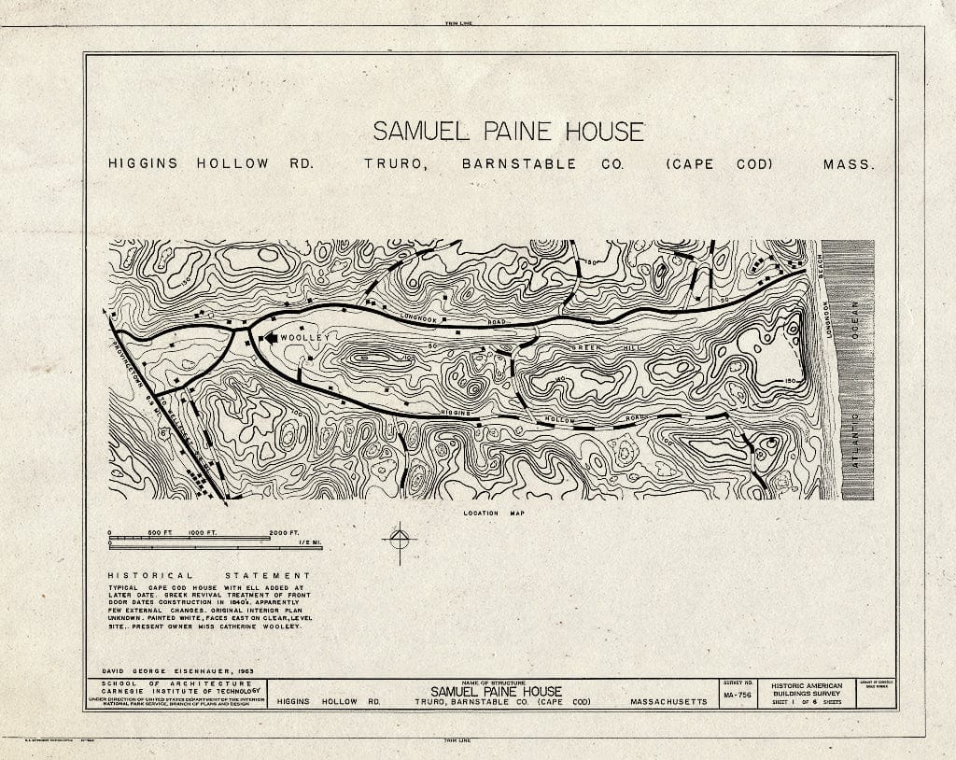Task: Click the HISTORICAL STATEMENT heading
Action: (x=207, y=575)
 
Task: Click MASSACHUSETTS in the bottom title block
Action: (x=668, y=702)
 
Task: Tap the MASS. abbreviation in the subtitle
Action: (x=848, y=164)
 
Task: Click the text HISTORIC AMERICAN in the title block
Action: (x=806, y=686)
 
